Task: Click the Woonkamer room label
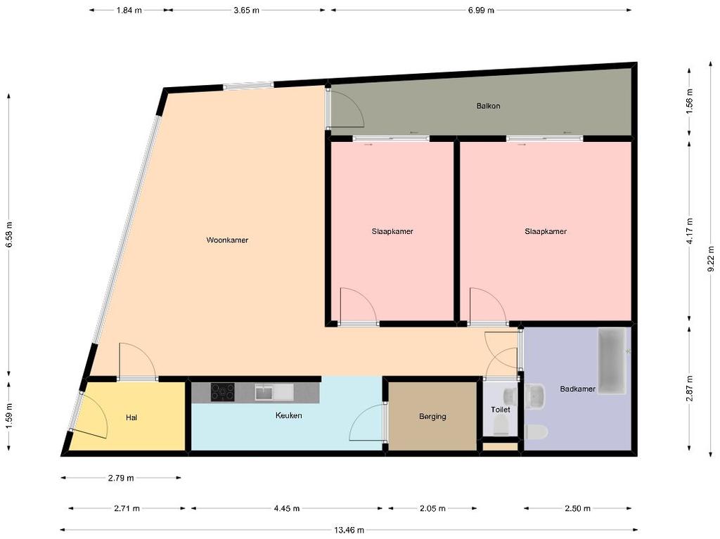227,240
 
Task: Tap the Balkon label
488,106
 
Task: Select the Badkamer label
578,389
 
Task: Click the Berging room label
432,417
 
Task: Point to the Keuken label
289,415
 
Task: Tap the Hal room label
131,417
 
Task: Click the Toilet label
501,410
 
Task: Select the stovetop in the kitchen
223,393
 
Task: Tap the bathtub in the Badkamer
612,361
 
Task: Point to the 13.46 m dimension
349,531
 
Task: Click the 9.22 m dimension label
712,259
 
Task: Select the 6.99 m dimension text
481,10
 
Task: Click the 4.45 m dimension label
287,508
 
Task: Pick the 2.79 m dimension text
121,478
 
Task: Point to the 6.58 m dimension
8,235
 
